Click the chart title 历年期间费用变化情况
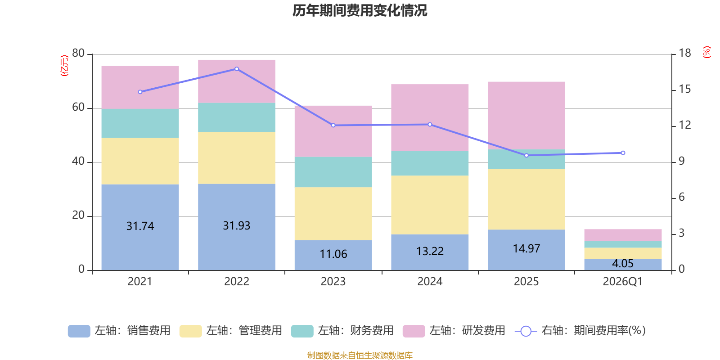360,10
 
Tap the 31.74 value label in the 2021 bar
140,226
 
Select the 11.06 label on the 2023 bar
333,254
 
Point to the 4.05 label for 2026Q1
622,264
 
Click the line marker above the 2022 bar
237,69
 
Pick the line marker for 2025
526,155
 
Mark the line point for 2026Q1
623,153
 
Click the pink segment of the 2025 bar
526,115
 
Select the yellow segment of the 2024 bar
430,205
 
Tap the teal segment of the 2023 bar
333,172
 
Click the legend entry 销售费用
120,331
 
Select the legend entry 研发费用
454,331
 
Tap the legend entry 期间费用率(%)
580,331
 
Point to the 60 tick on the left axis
78,108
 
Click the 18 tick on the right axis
685,53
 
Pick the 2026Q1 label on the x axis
622,282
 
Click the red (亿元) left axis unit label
64,66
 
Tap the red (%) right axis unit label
707,52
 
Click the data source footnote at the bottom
360,355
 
